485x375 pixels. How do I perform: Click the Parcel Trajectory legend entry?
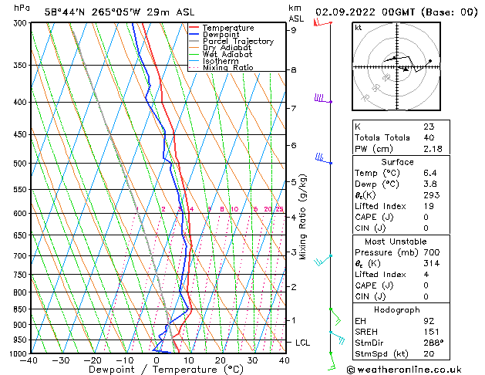point(237,41)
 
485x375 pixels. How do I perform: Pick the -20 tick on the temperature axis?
point(93,360)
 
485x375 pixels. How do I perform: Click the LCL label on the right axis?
point(304,342)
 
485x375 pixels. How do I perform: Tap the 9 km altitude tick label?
point(295,30)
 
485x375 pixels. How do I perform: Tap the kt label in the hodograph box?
point(358,27)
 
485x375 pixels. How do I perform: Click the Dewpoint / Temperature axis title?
point(157,370)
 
